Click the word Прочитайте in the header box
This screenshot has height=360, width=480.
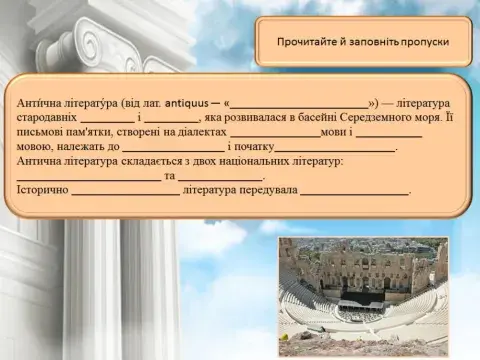pos(304,44)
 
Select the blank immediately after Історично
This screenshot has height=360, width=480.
pos(125,190)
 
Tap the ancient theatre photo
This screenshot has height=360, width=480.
pos(362,296)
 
